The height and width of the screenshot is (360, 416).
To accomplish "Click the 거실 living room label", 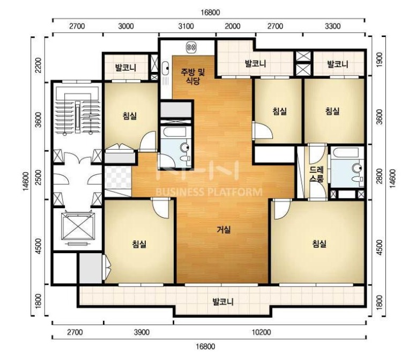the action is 224,230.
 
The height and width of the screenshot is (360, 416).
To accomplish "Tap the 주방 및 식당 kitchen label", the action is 193,76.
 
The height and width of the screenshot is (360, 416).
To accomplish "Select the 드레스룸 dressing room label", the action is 317,174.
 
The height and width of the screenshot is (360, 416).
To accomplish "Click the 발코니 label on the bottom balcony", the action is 223,302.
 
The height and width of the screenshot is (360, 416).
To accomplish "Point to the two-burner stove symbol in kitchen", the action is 191,47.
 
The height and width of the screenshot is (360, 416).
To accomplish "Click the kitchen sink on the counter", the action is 166,68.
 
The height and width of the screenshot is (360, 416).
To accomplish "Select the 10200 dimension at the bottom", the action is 261,332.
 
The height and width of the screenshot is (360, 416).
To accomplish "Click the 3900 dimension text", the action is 142,332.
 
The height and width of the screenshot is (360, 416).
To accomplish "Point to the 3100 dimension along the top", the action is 186,26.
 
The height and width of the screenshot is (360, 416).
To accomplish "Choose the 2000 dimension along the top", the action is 233,26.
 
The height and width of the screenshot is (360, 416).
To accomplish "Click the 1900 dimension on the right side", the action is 380,60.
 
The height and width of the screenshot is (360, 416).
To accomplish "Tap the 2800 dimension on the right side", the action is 380,176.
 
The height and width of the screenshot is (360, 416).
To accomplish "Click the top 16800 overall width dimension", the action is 210,12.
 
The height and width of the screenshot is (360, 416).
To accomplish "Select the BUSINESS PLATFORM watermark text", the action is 209,192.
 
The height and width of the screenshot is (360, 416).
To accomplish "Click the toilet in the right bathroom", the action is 358,172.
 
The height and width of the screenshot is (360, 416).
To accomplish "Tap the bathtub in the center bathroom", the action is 175,131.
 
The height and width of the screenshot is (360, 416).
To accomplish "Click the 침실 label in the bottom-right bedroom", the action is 319,244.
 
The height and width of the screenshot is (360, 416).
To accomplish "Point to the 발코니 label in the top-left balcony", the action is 126,68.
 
